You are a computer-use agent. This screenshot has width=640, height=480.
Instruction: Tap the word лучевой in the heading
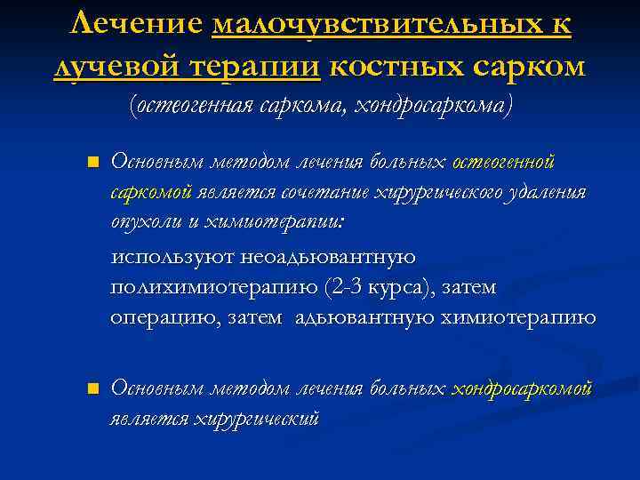point(109,68)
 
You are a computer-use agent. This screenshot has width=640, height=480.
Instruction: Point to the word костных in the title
point(396,68)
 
